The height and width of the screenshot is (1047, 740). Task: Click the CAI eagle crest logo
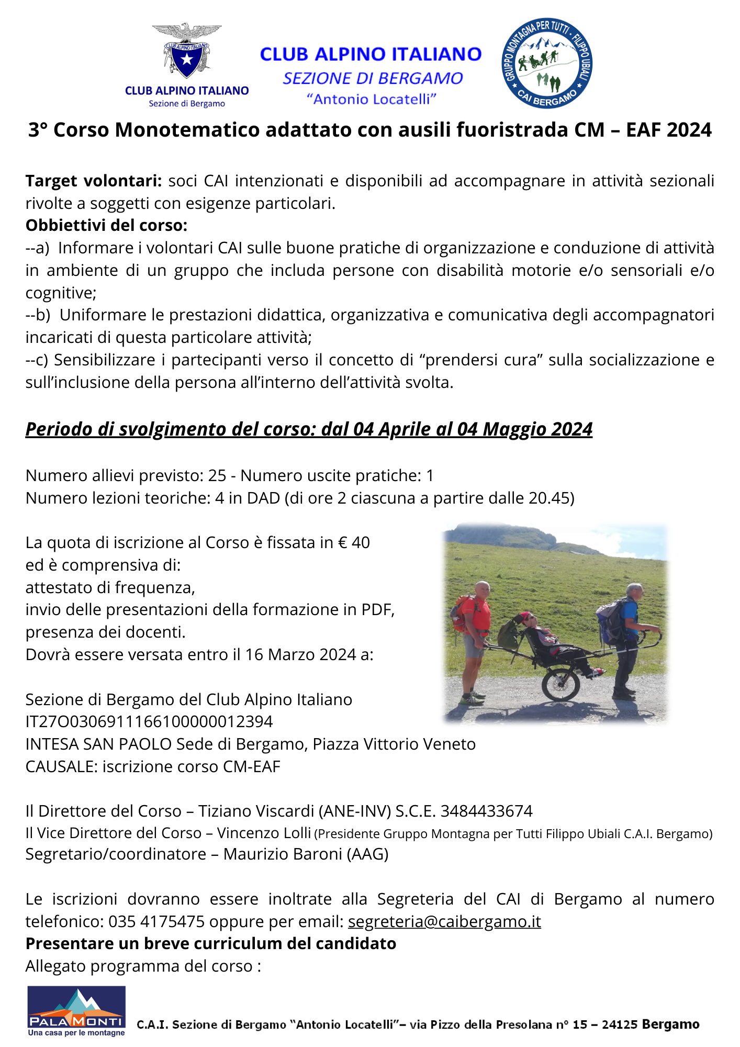[x=187, y=52]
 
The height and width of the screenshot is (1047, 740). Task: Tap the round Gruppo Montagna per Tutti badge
[x=547, y=63]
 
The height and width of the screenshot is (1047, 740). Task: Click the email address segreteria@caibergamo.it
[x=444, y=921]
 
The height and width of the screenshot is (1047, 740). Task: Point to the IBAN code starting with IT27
[x=149, y=721]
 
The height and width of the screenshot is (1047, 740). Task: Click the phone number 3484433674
[x=487, y=811]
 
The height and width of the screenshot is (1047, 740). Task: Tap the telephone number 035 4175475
[x=156, y=921]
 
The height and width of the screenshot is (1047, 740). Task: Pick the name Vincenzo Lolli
[x=265, y=833]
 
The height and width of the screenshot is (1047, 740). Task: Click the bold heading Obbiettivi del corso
[x=106, y=225]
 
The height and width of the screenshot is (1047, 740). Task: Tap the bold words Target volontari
[x=94, y=181]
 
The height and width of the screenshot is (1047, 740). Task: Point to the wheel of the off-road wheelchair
[x=560, y=683]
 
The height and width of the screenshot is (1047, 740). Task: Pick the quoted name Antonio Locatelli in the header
[x=372, y=99]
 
